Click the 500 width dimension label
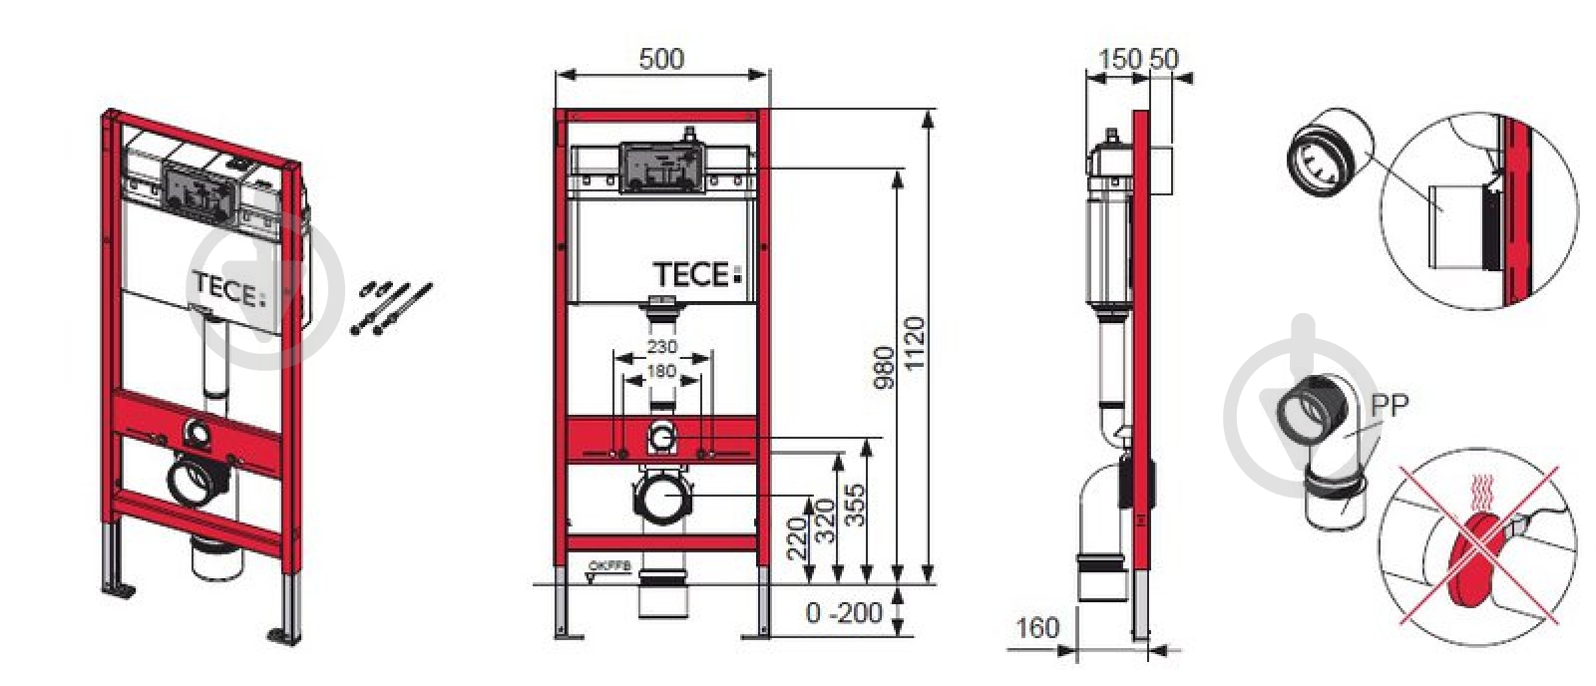661,59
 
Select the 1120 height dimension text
915,343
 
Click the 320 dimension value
825,521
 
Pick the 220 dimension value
796,538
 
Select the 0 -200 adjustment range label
844,611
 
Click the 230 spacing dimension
661,347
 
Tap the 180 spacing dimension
661,371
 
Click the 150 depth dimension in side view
1119,59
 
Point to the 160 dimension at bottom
1037,628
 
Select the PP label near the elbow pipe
1390,406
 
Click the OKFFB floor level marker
609,567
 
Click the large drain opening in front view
661,500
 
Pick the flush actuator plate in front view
661,168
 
